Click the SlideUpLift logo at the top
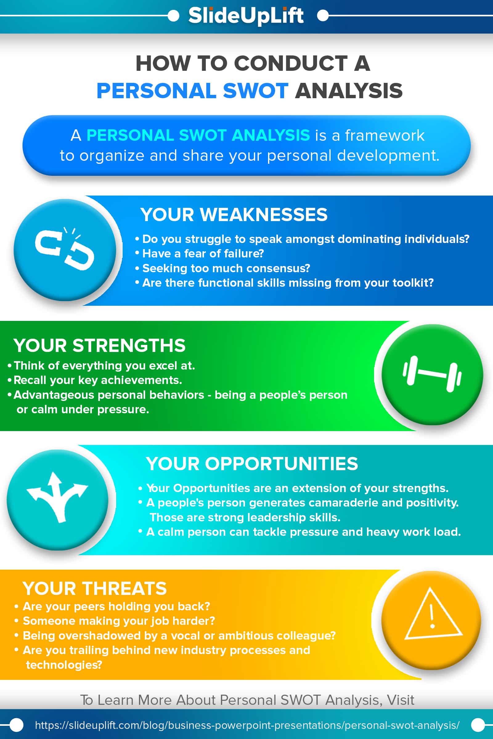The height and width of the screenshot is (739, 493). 246,16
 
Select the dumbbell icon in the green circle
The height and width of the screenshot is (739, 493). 432,374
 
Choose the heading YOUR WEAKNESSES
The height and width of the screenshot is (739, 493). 234,215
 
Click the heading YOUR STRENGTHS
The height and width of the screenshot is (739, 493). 99,345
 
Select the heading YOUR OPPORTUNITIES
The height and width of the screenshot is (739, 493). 252,463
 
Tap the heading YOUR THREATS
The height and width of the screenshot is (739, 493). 94,588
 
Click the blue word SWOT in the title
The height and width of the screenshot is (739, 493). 255,91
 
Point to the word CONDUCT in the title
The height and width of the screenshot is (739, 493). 291,63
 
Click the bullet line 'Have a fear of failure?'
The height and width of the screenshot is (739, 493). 203,253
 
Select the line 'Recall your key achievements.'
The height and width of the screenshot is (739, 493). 97,380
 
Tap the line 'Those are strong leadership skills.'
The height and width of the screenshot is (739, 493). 245,517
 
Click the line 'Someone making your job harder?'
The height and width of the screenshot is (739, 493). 119,621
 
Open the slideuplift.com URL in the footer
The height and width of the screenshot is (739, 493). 247,725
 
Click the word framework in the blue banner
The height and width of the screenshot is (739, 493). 385,135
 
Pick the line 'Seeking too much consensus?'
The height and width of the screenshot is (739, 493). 226,268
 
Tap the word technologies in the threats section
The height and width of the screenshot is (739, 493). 64,664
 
